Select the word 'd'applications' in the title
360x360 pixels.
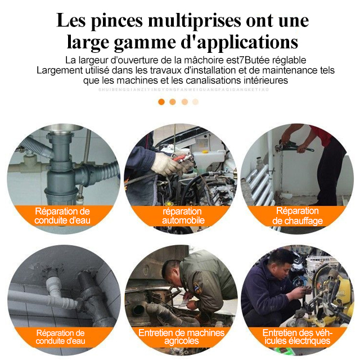(x=242, y=42)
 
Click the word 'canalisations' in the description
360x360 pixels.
(x=214, y=80)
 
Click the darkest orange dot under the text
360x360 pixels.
(x=161, y=102)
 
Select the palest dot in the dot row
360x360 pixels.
(x=195, y=102)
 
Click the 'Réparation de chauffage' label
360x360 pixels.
(x=298, y=216)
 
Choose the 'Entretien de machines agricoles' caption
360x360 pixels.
(x=181, y=337)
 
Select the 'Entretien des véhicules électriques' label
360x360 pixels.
(x=298, y=337)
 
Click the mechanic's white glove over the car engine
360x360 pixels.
(x=166, y=163)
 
